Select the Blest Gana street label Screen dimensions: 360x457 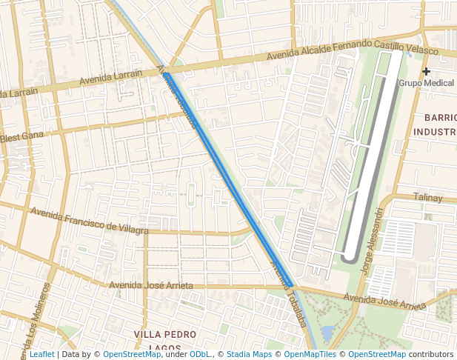[22, 136]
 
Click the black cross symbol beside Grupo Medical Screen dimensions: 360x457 [426, 71]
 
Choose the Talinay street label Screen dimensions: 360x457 [427, 198]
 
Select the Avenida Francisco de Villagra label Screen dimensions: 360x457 [89, 220]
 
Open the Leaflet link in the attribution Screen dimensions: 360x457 [42, 354]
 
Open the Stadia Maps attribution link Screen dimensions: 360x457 [249, 354]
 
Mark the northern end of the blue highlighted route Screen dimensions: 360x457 [167, 76]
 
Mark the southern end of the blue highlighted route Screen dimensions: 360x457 [292, 285]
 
